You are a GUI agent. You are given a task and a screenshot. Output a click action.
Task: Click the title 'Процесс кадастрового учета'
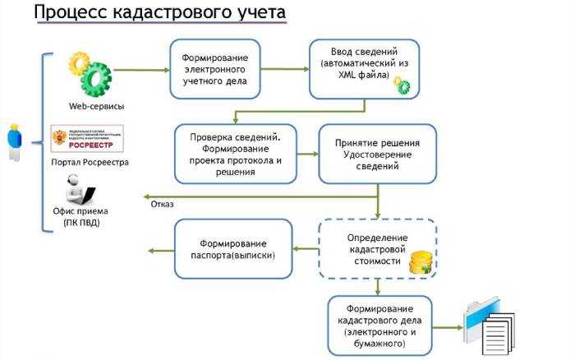(x=160, y=14)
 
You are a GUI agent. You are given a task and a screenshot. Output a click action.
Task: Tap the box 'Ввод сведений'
(x=361, y=68)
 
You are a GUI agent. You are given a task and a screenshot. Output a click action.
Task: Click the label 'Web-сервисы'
(x=91, y=106)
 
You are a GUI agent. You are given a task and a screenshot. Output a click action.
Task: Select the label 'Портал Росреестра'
(x=90, y=162)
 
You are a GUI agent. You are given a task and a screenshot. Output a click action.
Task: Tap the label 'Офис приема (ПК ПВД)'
(x=80, y=216)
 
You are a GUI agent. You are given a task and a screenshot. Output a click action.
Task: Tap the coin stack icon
(x=421, y=261)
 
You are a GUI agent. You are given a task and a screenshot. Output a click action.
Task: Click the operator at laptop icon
(x=80, y=190)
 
